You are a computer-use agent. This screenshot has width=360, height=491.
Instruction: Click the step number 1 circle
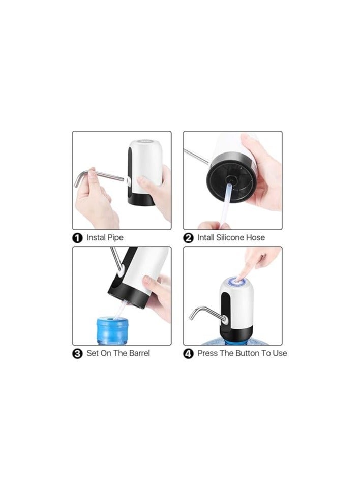pos(77,237)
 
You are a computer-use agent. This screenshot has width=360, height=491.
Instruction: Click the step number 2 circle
pos(189,237)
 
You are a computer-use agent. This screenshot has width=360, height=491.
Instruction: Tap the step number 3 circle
pos(77,353)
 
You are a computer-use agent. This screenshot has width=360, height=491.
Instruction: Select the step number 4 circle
pos(189,353)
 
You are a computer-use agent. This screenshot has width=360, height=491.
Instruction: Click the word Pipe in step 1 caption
pos(115,237)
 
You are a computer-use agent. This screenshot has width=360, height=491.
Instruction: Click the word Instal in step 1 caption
pos(96,237)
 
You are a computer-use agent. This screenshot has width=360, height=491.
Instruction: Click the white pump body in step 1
pos(145,163)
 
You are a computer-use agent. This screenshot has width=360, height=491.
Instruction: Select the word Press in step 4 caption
pos(207,353)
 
